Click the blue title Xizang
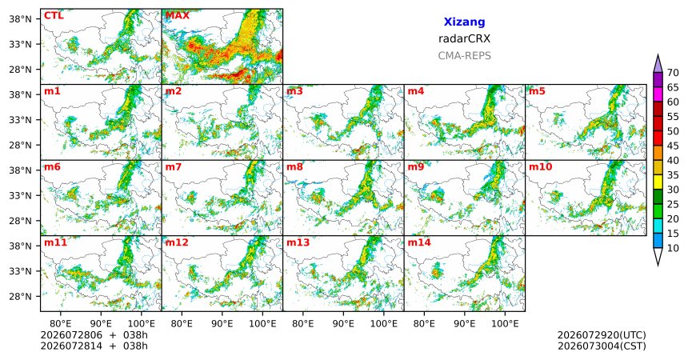coord(464,22)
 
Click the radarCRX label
coord(464,38)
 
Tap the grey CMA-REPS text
coord(464,56)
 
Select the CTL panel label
coord(54,16)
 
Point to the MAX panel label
coord(178,16)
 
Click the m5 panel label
coord(537,91)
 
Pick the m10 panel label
coord(541,167)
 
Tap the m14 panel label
coord(419,242)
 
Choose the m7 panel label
coord(174,167)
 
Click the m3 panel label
coord(294,91)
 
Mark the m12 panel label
coord(177,242)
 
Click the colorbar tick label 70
coord(673,73)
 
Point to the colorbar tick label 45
coord(673,146)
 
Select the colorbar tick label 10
coord(673,248)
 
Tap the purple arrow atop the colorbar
coord(658,64)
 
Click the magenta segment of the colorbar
coord(658,94)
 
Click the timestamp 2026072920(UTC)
coord(602,335)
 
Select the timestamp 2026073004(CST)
coord(602,346)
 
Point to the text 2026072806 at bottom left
coord(71,335)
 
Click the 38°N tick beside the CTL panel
coord(21,19)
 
